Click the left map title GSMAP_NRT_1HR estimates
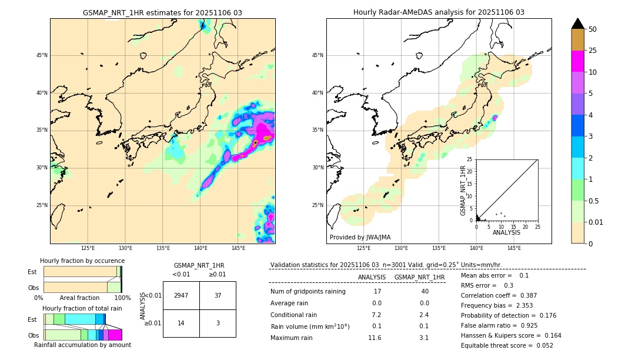pos(162,12)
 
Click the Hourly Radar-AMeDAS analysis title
pos(439,12)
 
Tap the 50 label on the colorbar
pos(593,29)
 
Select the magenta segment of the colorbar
pos(577,61)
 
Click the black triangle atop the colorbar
pos(577,24)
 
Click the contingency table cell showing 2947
pos(181,295)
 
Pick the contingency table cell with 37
pos(218,295)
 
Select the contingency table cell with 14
pos(181,323)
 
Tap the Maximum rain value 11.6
pos(375,338)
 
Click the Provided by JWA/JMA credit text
pos(360,237)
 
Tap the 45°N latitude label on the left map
pos(42,55)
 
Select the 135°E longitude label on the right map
pos(439,248)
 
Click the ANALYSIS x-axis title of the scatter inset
pos(506,232)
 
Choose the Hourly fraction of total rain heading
pos(82,308)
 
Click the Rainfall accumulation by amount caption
pos(82,345)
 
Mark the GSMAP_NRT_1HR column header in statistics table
pos(419,277)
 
